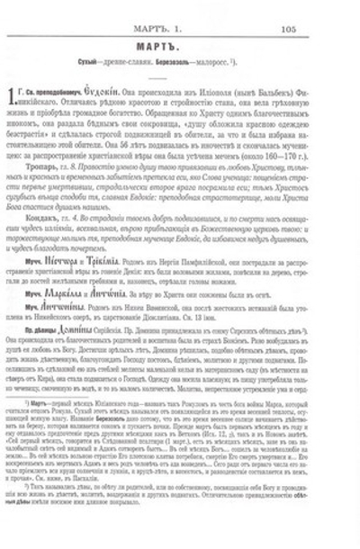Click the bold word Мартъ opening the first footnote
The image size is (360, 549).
(x=60, y=419)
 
